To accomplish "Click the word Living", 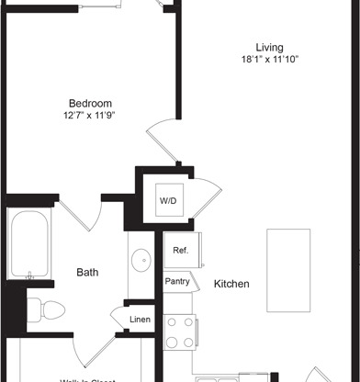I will pos(269,48).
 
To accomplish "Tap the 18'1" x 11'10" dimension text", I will pos(269,60).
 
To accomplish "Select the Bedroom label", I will pos(90,103).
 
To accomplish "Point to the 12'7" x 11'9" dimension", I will pos(90,116).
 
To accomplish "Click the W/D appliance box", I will pos(168,199).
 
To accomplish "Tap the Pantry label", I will pos(177,281).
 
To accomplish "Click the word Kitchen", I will pos(231,285).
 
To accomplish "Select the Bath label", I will pos(87,272).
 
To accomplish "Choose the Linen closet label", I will pos(141,319).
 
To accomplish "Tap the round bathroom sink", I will pos(142,262).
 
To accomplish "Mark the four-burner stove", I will pos(179,331).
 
